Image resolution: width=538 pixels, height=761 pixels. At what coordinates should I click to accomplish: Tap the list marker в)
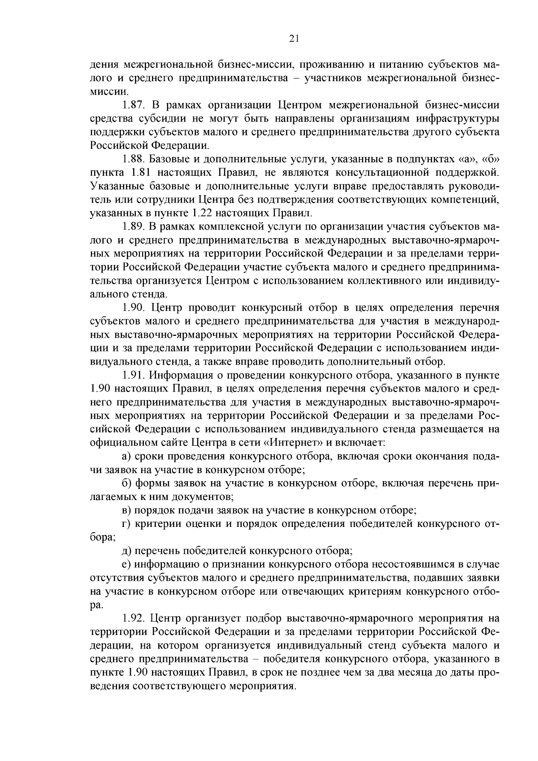126,510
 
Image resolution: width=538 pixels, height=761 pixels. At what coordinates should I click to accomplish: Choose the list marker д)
126,551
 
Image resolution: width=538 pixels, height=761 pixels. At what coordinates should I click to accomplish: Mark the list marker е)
126,564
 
